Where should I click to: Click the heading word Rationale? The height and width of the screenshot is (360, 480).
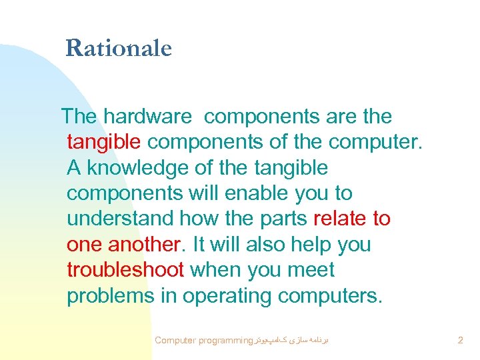point(119,48)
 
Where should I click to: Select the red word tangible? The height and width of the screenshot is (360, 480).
point(104,142)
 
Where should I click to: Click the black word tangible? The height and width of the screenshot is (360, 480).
point(291,167)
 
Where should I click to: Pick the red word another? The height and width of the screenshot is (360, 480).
point(145,245)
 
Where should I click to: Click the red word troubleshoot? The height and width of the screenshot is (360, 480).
point(125,270)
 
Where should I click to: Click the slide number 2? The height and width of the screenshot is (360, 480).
point(460,341)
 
